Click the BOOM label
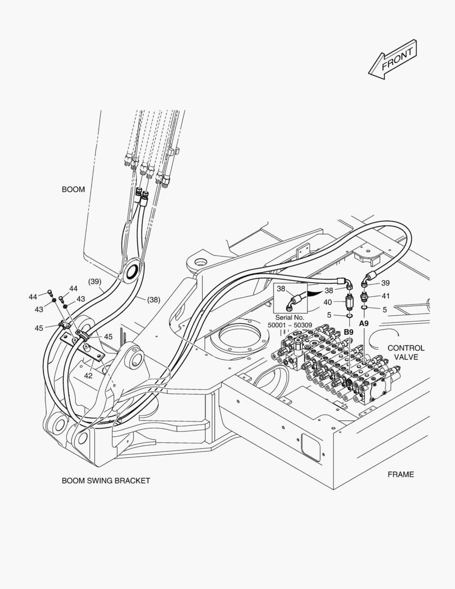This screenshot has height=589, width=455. coord(73,189)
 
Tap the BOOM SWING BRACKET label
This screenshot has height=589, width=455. coord(106,480)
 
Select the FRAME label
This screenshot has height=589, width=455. coord(401,474)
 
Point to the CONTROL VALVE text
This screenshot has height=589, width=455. coord(406,352)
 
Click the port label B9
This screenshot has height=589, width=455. coord(349,332)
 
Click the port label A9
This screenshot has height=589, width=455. coord(364,323)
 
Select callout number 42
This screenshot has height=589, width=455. coord(88,375)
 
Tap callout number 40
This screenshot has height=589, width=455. coord(327,302)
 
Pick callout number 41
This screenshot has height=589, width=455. coord(386,296)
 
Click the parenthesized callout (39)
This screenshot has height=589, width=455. coord(95,281)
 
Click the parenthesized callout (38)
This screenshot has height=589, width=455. coord(154,299)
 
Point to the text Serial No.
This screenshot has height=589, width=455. coord(290,317)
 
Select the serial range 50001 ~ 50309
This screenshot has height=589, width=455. coord(290,325)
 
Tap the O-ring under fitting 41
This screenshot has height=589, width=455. coord(364,308)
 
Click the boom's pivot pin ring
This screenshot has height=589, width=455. coord(133,271)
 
